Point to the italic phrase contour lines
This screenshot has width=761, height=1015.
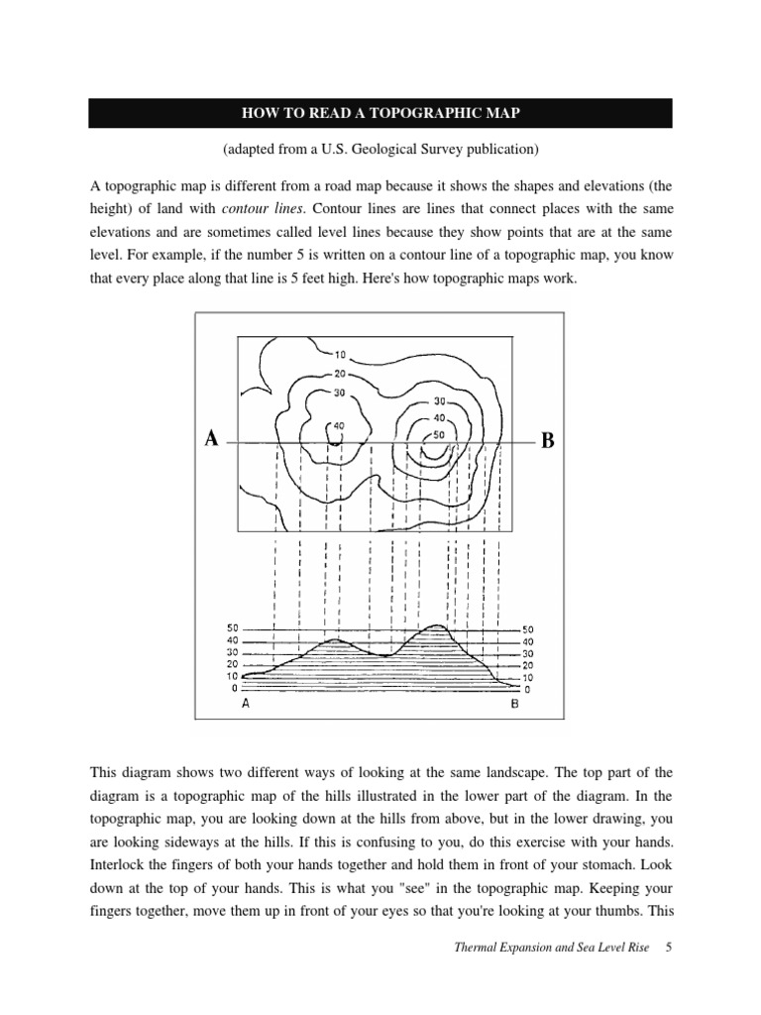pos(260,208)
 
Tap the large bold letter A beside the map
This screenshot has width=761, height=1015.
pos(210,439)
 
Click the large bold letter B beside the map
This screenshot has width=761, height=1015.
pos(547,441)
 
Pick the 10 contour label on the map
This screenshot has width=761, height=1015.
pos(339,355)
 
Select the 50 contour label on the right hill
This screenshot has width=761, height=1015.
pos(439,435)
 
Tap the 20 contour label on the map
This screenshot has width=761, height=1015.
pos(339,374)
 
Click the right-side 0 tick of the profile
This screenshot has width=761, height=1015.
pos(527,688)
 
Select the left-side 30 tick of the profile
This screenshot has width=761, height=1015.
pos(233,653)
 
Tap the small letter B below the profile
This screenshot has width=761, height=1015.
pos(514,705)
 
